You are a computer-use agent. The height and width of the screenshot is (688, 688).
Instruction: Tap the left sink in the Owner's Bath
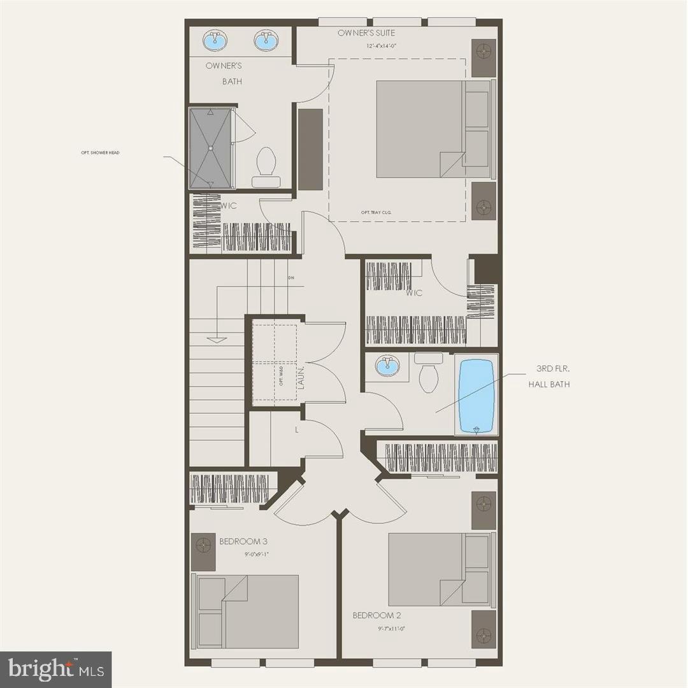point(213,41)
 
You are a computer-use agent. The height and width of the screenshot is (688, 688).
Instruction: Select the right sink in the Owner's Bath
point(266,41)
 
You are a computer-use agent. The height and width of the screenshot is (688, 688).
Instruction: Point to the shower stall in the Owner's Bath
point(211,148)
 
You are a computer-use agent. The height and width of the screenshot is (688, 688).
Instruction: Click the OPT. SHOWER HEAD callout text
point(104,153)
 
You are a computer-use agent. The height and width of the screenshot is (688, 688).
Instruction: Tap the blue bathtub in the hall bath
point(477,396)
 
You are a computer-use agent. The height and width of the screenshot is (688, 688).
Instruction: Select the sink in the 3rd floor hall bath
point(385,366)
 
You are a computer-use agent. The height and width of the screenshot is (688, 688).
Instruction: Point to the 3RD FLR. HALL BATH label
point(548,376)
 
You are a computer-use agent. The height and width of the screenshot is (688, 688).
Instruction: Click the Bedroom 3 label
point(243,541)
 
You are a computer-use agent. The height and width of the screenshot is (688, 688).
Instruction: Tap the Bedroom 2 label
point(377,615)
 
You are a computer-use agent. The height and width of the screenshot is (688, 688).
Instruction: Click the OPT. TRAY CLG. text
point(375,212)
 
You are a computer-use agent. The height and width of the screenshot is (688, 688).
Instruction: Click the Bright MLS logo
point(55,669)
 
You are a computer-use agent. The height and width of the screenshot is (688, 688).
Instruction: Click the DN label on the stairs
point(291,278)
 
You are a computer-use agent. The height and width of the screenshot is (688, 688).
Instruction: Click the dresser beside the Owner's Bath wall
point(310,148)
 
